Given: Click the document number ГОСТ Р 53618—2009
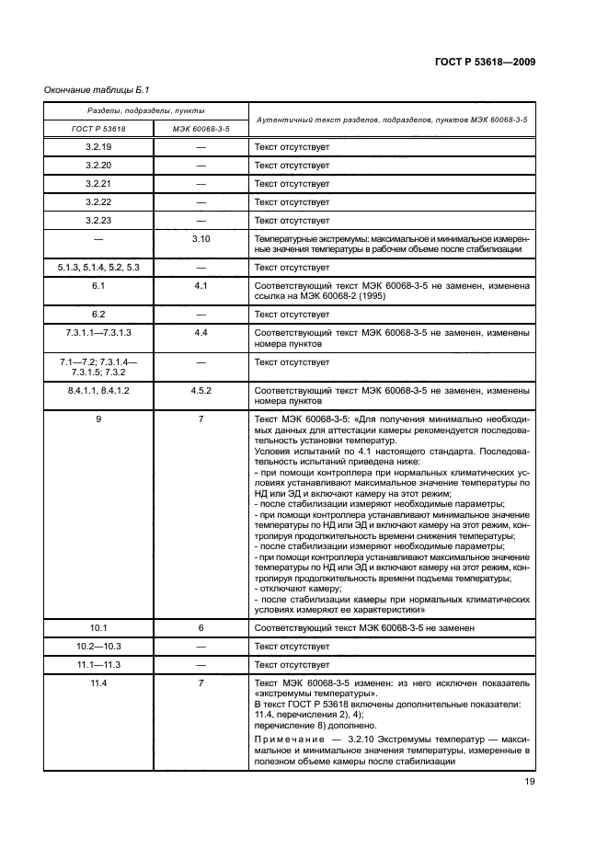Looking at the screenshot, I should [x=485, y=61].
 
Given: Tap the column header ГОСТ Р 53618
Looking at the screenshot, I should [x=98, y=129].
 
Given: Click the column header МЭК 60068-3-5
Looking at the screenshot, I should [x=201, y=129].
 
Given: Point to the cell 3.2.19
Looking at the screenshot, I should [x=98, y=146].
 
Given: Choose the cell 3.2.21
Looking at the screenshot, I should [x=98, y=183].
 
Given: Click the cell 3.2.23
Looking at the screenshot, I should [x=98, y=220].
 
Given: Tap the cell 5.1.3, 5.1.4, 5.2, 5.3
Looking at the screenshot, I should [x=98, y=267].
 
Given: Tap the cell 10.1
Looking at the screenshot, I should [x=98, y=627].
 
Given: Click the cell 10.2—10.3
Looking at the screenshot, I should [x=98, y=646].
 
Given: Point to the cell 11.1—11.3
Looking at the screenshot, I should [x=98, y=664].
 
